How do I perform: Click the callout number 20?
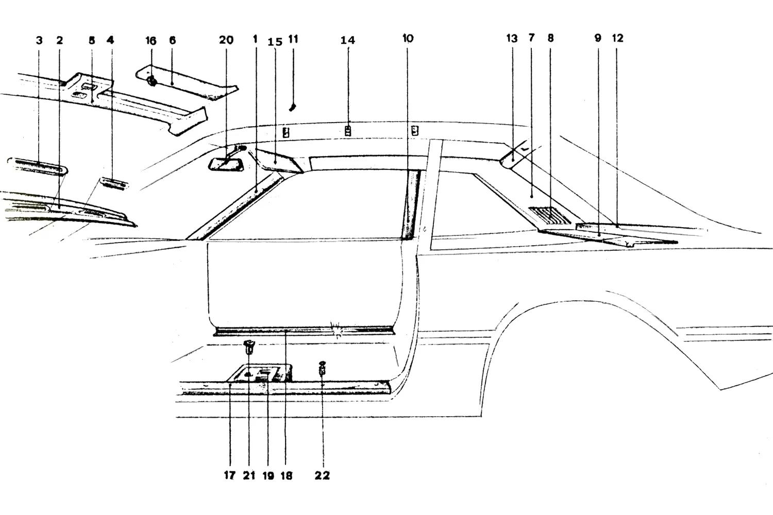pyautogui.click(x=226, y=40)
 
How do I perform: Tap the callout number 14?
pyautogui.click(x=347, y=40)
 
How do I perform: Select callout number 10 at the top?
pyautogui.click(x=408, y=38)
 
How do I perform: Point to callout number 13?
pyautogui.click(x=512, y=38)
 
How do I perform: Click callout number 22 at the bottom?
pyautogui.click(x=322, y=475)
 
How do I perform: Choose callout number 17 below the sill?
pyautogui.click(x=229, y=475)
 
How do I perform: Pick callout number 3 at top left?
pyautogui.click(x=39, y=40)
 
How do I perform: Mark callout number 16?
pyautogui.click(x=151, y=41)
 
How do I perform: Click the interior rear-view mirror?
pyautogui.click(x=226, y=164)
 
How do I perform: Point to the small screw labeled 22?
pyautogui.click(x=322, y=369)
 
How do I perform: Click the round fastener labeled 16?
pyautogui.click(x=152, y=82)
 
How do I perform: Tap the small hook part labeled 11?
pyautogui.click(x=293, y=107)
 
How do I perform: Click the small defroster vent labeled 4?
pyautogui.click(x=113, y=183)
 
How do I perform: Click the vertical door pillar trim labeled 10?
pyautogui.click(x=411, y=204)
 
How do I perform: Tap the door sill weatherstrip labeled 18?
pyautogui.click(x=304, y=331)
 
